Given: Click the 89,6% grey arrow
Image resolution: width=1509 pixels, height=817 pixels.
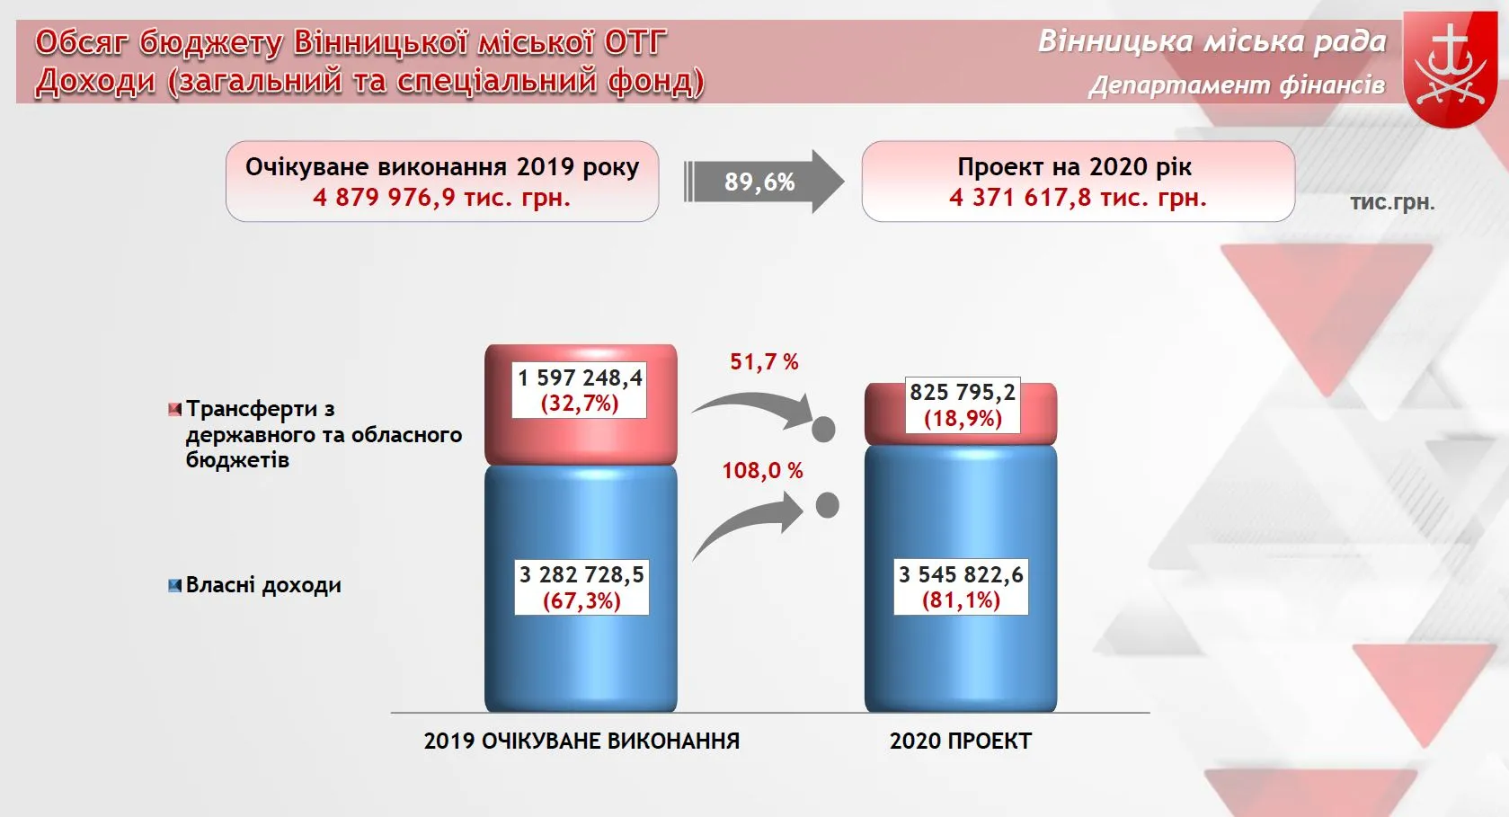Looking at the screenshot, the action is [x=763, y=182].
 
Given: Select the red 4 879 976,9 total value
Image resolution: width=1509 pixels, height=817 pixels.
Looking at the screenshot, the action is [x=442, y=198].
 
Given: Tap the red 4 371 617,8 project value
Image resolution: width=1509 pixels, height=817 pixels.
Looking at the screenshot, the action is [x=1078, y=198].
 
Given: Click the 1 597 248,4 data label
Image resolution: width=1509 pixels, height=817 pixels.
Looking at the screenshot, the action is [x=580, y=391].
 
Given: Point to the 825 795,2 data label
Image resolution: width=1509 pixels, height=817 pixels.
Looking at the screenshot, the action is [x=962, y=404].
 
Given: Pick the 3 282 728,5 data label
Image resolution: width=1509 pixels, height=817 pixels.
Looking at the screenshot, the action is [x=581, y=587].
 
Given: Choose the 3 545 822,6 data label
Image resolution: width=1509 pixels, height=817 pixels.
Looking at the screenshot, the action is [x=961, y=587].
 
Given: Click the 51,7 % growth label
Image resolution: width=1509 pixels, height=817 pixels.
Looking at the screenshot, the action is [x=764, y=362].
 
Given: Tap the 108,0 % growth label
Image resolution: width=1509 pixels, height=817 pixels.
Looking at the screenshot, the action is [x=762, y=471].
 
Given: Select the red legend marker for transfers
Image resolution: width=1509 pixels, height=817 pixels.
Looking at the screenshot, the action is [x=175, y=409].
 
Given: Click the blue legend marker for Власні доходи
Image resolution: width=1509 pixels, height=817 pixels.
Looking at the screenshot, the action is [x=175, y=585].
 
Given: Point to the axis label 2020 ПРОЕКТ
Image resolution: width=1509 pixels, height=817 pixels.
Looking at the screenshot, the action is [x=960, y=741].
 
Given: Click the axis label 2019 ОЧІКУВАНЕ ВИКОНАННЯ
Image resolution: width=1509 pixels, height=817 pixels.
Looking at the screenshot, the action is [x=581, y=741].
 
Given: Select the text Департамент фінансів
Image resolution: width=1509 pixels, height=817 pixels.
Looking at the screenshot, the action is [x=1237, y=85].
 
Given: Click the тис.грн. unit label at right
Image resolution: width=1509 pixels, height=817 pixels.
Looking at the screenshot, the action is [x=1392, y=202].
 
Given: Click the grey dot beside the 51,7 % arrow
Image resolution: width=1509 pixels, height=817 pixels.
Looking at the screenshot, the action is [x=823, y=429].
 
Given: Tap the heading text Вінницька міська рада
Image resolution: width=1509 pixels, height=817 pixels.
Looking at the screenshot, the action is [x=1212, y=41].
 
